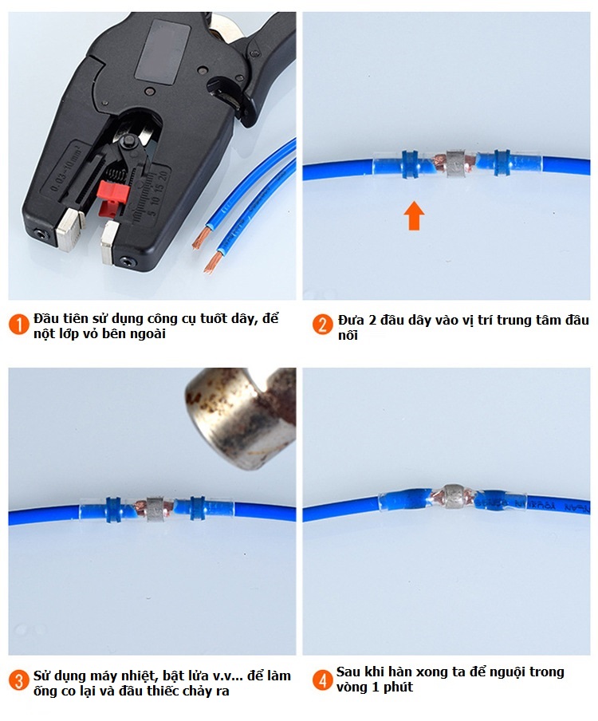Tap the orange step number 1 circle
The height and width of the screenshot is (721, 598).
18,325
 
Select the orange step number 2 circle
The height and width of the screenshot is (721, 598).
323,325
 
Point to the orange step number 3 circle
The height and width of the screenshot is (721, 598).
18,680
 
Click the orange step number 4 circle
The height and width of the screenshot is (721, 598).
323,680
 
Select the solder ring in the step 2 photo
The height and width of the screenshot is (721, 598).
455,163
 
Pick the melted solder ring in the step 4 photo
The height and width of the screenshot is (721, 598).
453,496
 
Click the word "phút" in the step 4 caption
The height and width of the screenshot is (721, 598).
398,687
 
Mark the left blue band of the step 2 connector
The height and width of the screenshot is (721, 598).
410,164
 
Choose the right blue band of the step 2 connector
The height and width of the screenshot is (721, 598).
502,163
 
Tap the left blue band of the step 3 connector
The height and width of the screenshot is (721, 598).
113,509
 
